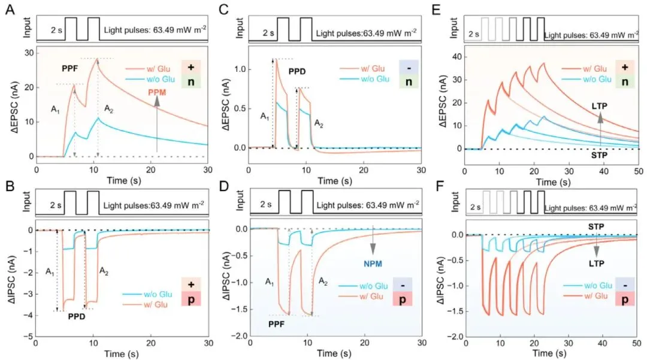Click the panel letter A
10,10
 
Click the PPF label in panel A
71,69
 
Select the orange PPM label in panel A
157,92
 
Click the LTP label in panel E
599,106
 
